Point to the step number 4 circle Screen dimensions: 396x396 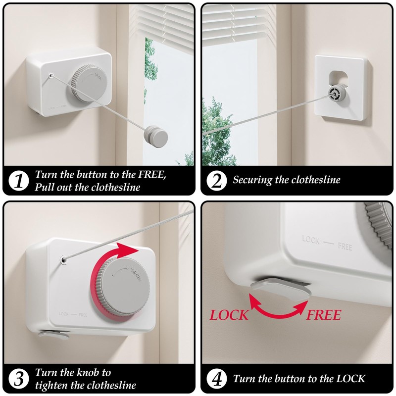(216, 379)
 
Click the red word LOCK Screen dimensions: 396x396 (229, 315)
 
